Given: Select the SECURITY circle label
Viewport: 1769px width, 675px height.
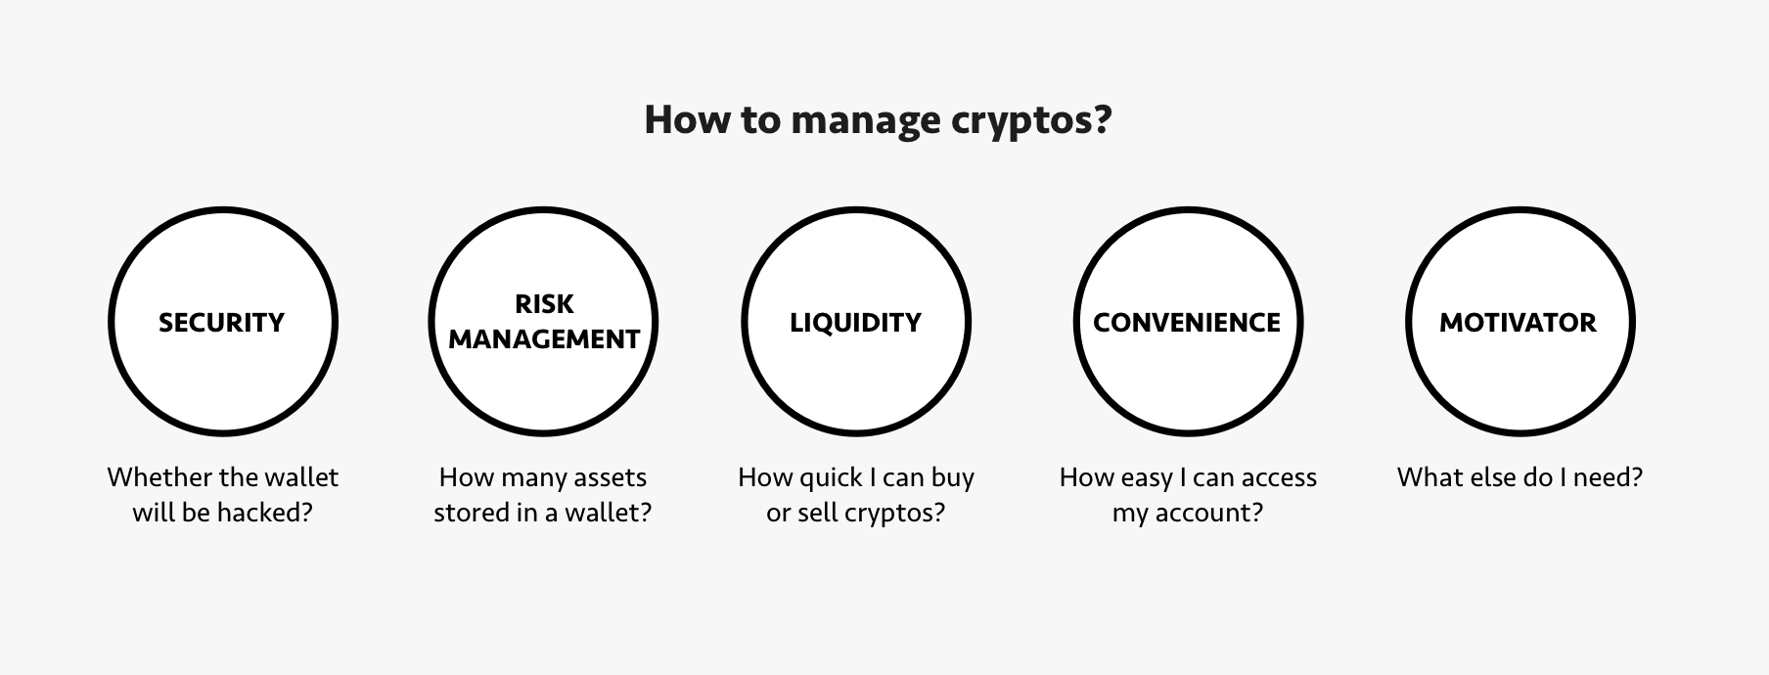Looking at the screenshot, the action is [222, 323].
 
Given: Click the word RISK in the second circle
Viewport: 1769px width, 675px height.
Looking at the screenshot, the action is [544, 304].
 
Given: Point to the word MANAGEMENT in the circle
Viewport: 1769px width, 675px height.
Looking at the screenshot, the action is [544, 339].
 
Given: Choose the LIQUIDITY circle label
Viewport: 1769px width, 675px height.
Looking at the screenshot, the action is [855, 323].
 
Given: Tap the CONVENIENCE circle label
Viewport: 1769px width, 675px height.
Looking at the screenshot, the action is [1186, 323].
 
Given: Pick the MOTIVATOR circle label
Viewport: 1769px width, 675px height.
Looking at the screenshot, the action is [1518, 323].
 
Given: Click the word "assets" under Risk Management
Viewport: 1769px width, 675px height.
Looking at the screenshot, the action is [609, 477].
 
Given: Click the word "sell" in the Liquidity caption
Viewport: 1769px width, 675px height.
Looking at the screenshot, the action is [814, 513].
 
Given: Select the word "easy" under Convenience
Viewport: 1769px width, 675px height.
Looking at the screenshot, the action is [1144, 478].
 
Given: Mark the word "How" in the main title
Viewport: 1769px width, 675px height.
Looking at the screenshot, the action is [675, 120].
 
